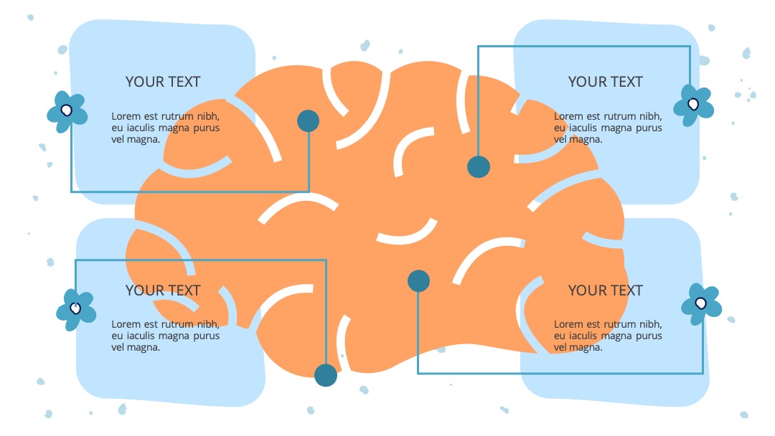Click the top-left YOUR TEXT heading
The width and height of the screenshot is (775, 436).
click(163, 82)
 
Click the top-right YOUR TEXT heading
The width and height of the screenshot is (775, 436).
click(606, 82)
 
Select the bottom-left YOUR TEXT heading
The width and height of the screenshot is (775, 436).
click(163, 290)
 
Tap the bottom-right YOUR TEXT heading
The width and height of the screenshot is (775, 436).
click(606, 290)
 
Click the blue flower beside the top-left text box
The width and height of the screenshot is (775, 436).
click(67, 112)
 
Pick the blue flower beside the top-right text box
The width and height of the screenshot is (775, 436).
click(694, 105)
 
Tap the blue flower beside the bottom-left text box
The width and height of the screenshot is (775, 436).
click(76, 310)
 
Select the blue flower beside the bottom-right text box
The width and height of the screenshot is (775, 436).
click(701, 304)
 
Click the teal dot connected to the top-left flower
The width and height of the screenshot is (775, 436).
click(309, 121)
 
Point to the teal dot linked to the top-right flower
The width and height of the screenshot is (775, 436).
click(479, 167)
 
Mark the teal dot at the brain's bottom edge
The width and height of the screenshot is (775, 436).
click(326, 375)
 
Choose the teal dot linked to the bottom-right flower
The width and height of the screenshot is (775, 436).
click(418, 281)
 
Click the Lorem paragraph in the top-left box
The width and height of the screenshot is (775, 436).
click(165, 128)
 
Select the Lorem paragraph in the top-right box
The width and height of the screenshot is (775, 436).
click(608, 128)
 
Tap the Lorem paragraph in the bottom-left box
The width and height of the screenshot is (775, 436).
click(165, 336)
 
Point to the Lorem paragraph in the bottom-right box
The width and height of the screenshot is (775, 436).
click(608, 336)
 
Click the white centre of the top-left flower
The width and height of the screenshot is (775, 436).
click(66, 110)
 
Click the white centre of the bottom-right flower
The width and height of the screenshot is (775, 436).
click(700, 303)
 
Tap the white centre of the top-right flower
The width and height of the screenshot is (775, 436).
click(693, 104)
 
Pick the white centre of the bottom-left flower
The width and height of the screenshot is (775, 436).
click(75, 308)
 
